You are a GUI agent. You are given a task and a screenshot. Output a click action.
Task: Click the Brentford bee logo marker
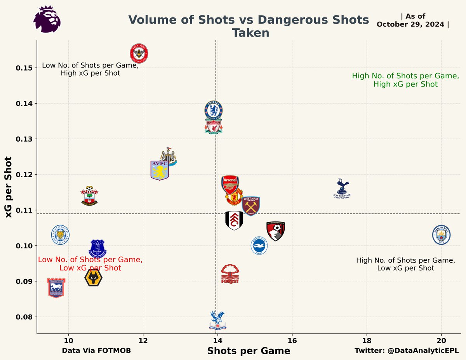coord(139,53)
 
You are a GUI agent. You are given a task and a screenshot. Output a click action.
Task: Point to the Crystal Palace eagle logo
coord(217,320)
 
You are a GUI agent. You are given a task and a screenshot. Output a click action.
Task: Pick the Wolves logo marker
coord(93,278)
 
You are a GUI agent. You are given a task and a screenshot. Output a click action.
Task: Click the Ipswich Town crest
coord(56,288)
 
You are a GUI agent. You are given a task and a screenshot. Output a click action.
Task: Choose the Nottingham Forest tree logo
coord(230,274)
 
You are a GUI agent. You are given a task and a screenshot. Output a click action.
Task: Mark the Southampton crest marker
coord(89,196)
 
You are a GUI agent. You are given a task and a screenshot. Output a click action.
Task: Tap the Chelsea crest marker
coord(214,110)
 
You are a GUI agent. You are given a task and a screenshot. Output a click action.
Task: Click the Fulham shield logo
coord(234,220)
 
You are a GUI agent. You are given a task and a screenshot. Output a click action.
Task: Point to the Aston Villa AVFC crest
coord(159,170)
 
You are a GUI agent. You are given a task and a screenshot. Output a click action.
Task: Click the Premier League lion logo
coord(47,19)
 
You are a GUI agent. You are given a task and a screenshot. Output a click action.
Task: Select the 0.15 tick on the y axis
coord(24,68)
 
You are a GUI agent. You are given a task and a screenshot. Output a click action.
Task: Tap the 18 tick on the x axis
coord(367,340)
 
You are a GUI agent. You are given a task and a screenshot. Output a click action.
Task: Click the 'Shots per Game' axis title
coord(249,351)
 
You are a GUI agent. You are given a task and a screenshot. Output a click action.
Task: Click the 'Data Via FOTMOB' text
coord(96,350)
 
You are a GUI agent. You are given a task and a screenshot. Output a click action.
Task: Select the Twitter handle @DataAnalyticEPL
coord(407,350)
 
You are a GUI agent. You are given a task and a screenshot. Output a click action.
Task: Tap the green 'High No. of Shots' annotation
coord(405,80)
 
